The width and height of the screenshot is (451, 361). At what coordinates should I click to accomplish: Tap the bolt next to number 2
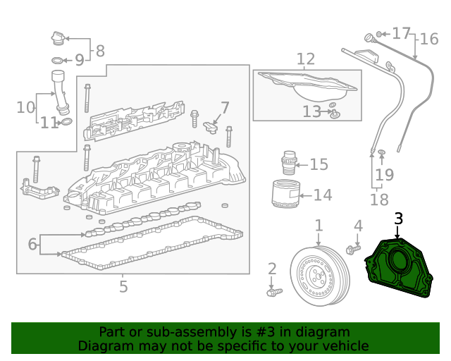273,290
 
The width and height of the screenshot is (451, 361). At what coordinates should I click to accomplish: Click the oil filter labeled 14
286,195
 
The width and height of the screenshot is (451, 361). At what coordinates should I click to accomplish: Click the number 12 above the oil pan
305,59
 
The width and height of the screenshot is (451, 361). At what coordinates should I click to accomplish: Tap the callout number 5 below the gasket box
123,286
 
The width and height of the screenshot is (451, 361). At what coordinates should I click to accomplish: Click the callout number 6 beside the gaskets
32,245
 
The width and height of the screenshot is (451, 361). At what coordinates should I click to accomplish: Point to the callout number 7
225,108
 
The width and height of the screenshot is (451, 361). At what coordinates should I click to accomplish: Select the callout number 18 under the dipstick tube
378,200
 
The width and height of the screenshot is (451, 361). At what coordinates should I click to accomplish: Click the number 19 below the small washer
383,174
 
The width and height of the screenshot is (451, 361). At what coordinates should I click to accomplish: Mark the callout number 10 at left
25,107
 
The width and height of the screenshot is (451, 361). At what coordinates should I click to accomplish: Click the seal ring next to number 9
58,61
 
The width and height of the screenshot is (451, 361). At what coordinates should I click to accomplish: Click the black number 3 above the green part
399,219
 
